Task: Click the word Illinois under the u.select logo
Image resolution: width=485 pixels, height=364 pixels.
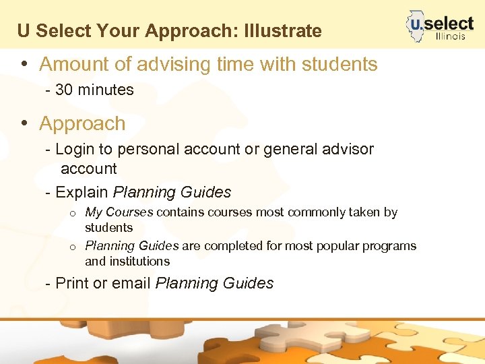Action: click(451, 36)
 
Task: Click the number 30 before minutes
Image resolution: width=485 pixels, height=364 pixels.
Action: click(64, 90)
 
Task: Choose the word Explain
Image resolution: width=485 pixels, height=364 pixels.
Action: click(82, 192)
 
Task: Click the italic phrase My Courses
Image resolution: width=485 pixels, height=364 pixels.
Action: click(119, 212)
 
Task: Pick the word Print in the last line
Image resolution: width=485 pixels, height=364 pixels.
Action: click(72, 283)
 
